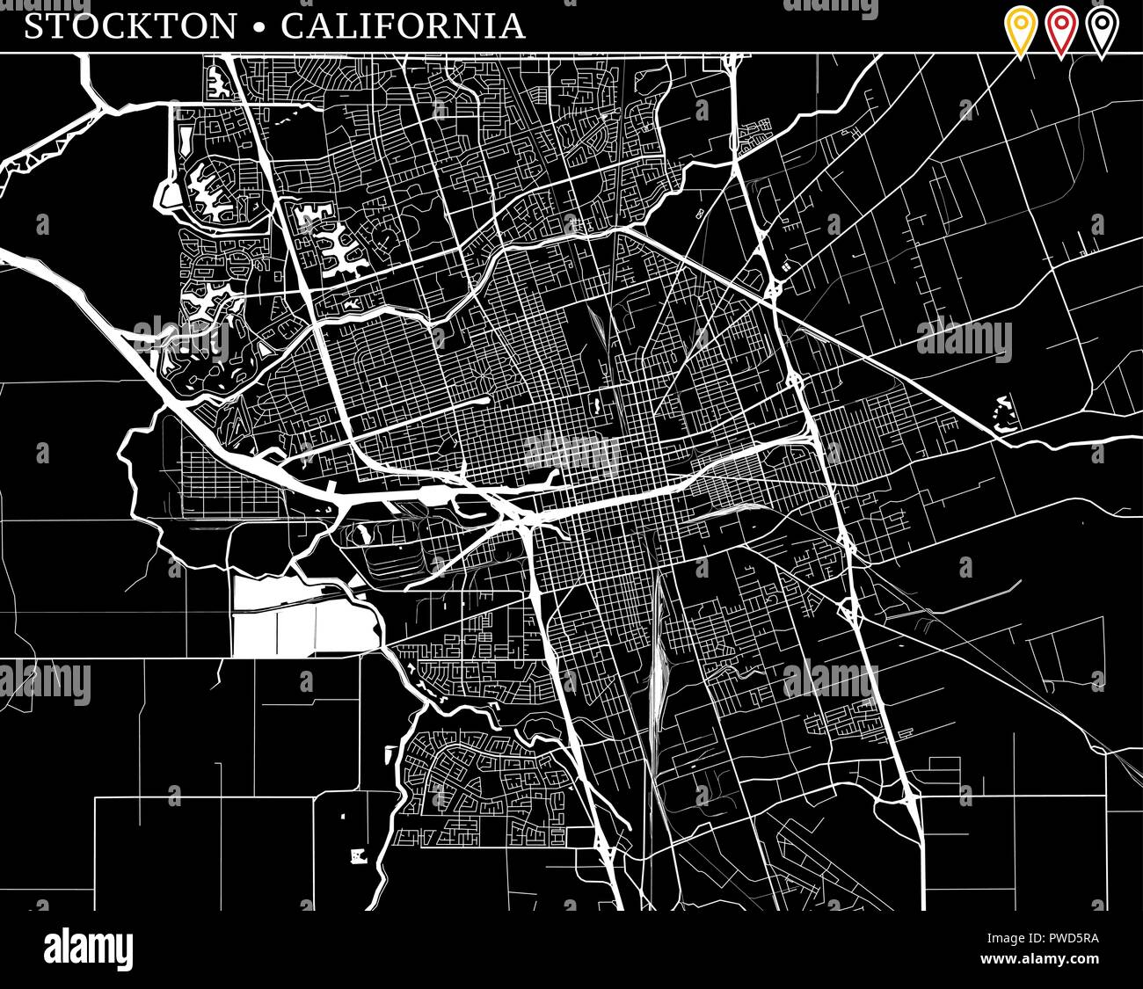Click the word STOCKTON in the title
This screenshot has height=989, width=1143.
click(130, 26)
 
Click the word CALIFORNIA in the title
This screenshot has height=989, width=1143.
click(403, 26)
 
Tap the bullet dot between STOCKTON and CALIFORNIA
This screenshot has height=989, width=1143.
click(258, 28)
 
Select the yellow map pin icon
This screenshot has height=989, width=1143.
click(1021, 31)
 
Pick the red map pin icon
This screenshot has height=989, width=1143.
click(1061, 31)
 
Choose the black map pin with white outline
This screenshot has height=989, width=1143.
click(1101, 31)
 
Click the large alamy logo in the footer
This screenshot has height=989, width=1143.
click(88, 949)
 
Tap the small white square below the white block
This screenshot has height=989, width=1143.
click(357, 854)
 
